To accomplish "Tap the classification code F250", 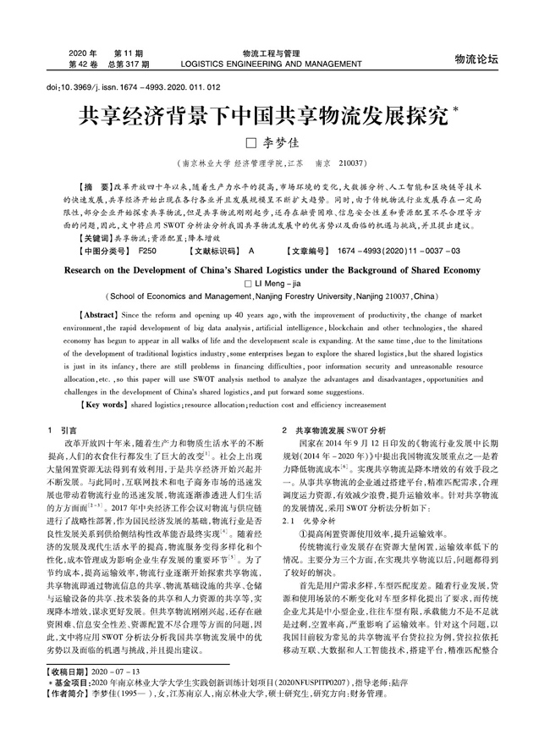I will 148,228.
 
